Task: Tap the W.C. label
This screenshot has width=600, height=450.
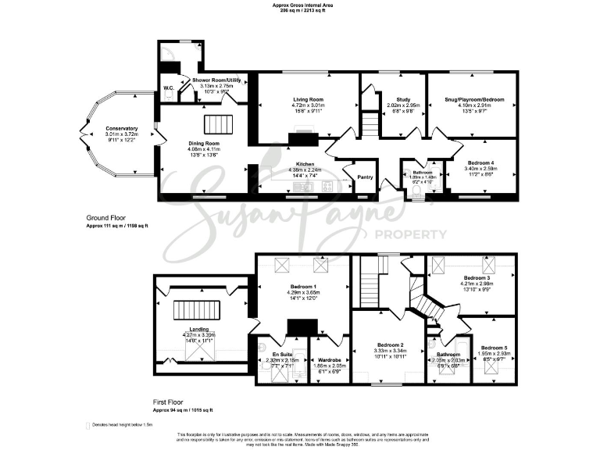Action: pos(169,87)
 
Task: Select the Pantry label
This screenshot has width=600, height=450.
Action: pos(365,177)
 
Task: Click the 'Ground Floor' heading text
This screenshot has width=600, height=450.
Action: pos(106,218)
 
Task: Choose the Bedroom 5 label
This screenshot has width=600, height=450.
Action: pos(495,348)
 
